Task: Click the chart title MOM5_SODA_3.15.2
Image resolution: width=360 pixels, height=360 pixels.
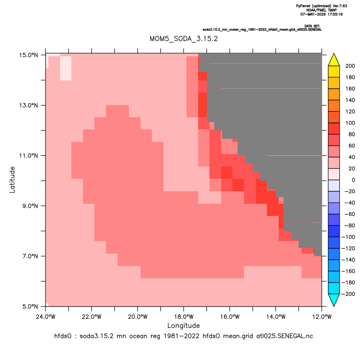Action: [183, 39]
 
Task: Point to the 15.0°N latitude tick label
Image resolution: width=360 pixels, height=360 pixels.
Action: [29, 55]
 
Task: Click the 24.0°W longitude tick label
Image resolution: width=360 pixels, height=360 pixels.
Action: [46, 317]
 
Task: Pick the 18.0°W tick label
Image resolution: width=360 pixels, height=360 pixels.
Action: [183, 317]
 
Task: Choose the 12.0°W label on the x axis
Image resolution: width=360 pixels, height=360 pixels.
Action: [322, 317]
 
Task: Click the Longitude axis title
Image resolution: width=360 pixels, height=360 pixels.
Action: [183, 325]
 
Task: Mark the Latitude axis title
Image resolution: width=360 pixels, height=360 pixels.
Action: [12, 180]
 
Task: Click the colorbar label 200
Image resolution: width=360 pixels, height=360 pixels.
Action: [350, 66]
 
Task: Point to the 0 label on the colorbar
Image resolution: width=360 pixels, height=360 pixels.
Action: [354, 180]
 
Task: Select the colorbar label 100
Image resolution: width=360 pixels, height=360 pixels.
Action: [350, 123]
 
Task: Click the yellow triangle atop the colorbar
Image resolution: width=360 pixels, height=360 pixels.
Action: [334, 60]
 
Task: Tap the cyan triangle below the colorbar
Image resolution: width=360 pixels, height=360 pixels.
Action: [334, 300]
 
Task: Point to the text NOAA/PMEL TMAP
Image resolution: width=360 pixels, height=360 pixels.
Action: [321, 10]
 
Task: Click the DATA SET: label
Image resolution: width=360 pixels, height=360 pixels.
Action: [312, 26]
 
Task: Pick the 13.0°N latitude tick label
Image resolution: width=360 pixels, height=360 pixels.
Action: [29, 106]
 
